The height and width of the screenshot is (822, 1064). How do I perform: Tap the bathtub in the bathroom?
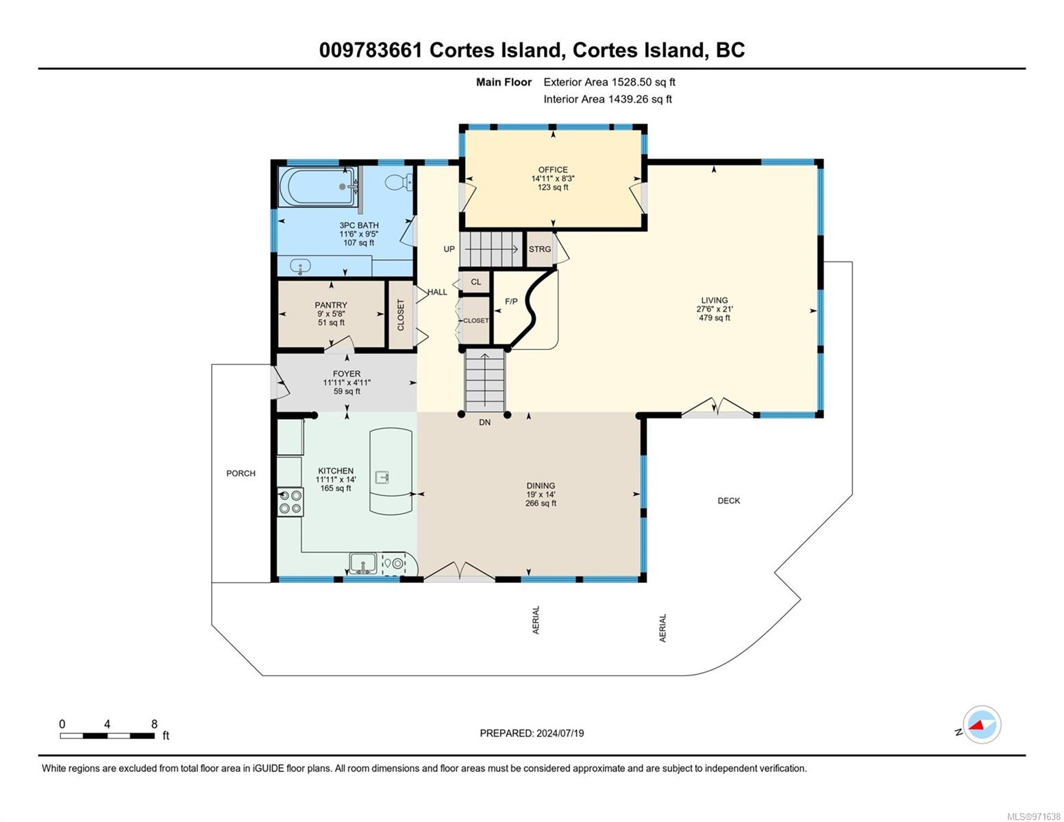pyautogui.click(x=318, y=186)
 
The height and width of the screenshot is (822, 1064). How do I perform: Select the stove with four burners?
pyautogui.click(x=290, y=501)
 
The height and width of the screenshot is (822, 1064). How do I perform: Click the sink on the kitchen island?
pyautogui.click(x=382, y=476)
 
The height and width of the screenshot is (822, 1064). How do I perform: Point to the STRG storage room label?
pyautogui.click(x=540, y=249)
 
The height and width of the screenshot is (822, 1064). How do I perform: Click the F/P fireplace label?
pyautogui.click(x=510, y=301)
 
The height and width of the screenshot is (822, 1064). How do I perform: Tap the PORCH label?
pyautogui.click(x=241, y=473)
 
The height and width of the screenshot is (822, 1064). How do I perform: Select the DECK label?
pyautogui.click(x=728, y=501)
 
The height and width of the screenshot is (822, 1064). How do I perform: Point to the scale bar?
pyautogui.click(x=108, y=735)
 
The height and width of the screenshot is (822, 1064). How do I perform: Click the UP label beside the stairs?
pyautogui.click(x=449, y=249)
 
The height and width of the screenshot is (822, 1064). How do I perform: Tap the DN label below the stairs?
pyautogui.click(x=485, y=422)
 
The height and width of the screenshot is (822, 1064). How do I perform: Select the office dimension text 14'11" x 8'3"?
pyautogui.click(x=554, y=179)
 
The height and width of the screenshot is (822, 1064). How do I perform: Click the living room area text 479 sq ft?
pyautogui.click(x=715, y=318)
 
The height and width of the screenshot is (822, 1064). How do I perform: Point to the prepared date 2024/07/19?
pyautogui.click(x=560, y=733)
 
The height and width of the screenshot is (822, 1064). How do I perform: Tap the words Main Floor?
pyautogui.click(x=504, y=82)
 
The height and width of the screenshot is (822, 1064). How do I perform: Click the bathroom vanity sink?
pyautogui.click(x=300, y=266)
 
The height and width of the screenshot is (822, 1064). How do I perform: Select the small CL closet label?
pyautogui.click(x=476, y=282)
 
